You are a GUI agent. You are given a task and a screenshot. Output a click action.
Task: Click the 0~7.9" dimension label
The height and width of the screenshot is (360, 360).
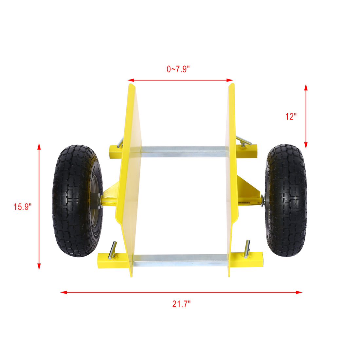(x=178, y=69)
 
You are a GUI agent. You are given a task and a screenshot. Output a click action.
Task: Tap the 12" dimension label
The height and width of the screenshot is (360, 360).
(x=290, y=117)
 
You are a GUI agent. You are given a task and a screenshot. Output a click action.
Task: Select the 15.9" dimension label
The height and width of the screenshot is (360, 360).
(x=22, y=207)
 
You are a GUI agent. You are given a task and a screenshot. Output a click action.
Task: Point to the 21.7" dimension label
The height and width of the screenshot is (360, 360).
(x=181, y=304)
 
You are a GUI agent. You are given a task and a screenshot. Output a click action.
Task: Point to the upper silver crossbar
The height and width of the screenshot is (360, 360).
(x=183, y=152)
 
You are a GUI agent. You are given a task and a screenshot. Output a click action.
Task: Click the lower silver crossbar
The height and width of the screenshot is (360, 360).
(x=180, y=260)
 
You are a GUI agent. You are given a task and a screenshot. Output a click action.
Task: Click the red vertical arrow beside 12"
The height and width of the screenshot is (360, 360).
(x=306, y=116)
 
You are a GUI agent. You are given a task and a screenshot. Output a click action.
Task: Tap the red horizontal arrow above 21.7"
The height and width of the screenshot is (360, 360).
(x=181, y=292)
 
